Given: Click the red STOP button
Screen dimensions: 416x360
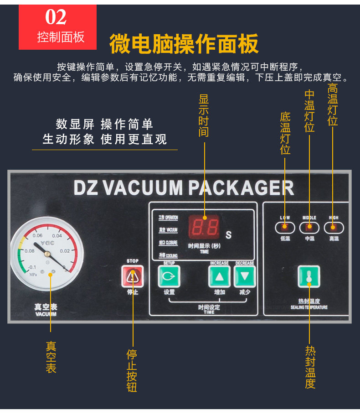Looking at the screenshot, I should click(x=132, y=276).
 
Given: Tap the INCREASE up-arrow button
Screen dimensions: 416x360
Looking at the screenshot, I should click(x=219, y=276).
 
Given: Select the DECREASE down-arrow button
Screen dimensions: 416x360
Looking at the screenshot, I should click(x=245, y=276).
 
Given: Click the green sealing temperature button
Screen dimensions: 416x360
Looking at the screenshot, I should click(x=309, y=276).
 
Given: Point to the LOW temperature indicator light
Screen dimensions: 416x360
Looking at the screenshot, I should click(x=285, y=227).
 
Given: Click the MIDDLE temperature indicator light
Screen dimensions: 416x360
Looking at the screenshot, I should click(x=309, y=227).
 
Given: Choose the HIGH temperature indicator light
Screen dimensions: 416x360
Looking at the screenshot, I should click(x=334, y=227).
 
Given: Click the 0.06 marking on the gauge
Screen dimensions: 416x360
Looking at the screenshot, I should click(x=37, y=235).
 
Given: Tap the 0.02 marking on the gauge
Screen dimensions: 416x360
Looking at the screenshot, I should click(x=64, y=250).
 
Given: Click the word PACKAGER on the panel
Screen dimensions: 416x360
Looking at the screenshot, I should click(x=241, y=188).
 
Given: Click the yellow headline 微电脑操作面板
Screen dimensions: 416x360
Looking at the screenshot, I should click(x=184, y=44).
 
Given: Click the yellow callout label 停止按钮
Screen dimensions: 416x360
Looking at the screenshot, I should click(x=132, y=371).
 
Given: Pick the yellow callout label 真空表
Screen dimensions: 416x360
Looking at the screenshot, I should click(x=51, y=358).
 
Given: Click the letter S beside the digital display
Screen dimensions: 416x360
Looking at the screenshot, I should click(x=229, y=235).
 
